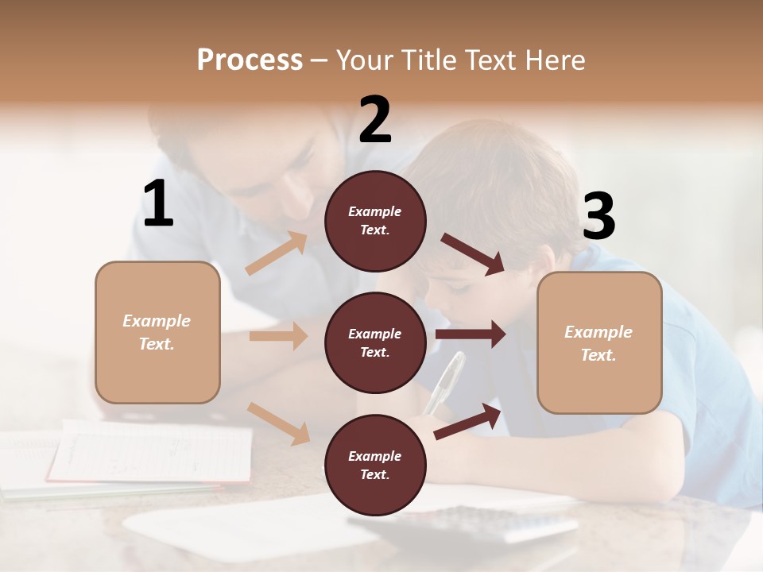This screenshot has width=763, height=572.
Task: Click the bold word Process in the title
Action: pyautogui.click(x=250, y=60)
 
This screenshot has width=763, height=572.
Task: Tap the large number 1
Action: pyautogui.click(x=158, y=203)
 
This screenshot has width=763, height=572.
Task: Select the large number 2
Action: pyautogui.click(x=375, y=119)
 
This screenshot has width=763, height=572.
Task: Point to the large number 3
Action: pyautogui.click(x=598, y=216)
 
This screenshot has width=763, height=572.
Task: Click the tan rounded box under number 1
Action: pyautogui.click(x=157, y=332)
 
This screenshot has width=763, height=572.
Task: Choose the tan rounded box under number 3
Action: pyautogui.click(x=599, y=342)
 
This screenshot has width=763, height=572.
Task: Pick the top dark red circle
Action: pyautogui.click(x=375, y=221)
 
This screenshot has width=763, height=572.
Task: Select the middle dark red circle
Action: pyautogui.click(x=375, y=342)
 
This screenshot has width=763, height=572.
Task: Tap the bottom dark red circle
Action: pyautogui.click(x=375, y=465)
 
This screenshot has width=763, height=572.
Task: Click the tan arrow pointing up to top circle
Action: pyautogui.click(x=277, y=253)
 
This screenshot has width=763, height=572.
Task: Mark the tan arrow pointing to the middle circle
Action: pyautogui.click(x=278, y=336)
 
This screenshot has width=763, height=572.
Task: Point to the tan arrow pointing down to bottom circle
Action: pyautogui.click(x=278, y=423)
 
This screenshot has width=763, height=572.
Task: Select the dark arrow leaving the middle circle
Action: pyautogui.click(x=470, y=334)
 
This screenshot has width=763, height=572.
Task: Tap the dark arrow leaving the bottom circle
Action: pyautogui.click(x=468, y=421)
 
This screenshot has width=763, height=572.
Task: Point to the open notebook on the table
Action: pyautogui.click(x=151, y=453)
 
